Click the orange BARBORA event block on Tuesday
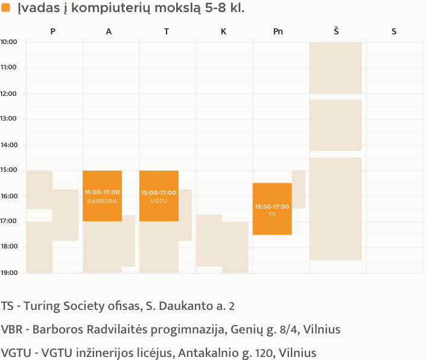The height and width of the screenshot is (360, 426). pyautogui.click(x=102, y=196)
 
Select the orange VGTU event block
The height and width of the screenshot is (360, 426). pyautogui.click(x=159, y=196)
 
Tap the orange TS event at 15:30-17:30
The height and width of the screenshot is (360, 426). pyautogui.click(x=272, y=209)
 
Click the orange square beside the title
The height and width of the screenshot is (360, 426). pyautogui.click(x=6, y=8)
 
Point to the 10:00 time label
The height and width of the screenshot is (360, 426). pyautogui.click(x=8, y=42)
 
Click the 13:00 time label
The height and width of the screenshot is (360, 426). pyautogui.click(x=8, y=119)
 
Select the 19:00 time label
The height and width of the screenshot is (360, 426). pyautogui.click(x=8, y=273)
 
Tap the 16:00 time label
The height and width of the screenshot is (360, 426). pyautogui.click(x=8, y=196)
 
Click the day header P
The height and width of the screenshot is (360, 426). pyautogui.click(x=53, y=31)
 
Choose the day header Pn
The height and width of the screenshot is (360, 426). pyautogui.click(x=278, y=31)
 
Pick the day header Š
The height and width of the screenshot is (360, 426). pyautogui.click(x=335, y=31)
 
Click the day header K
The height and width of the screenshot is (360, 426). pyautogui.click(x=223, y=31)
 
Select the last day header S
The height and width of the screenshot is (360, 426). pyautogui.click(x=394, y=31)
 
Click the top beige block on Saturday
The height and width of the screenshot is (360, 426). pyautogui.click(x=335, y=68)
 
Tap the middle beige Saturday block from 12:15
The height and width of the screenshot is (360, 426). pyautogui.click(x=335, y=125)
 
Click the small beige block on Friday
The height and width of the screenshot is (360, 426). pyautogui.click(x=299, y=189)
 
